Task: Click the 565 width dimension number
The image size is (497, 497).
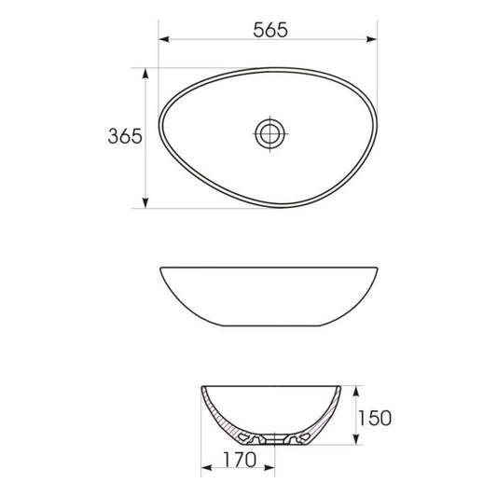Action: [269, 28]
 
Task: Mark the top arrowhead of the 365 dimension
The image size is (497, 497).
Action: [145, 71]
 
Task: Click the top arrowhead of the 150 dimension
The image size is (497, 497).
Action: [356, 386]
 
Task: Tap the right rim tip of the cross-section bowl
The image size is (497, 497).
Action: [340, 386]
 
